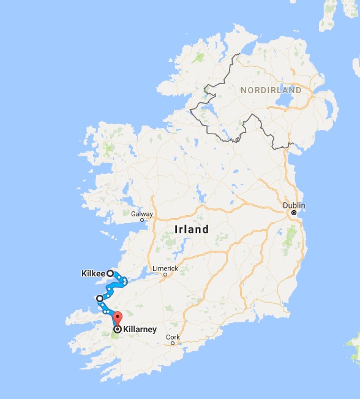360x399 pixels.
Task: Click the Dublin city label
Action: click(293, 205)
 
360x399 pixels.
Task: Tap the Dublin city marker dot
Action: click(293, 213)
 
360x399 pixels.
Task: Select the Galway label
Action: click(141, 214)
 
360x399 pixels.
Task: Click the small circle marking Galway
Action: click(142, 220)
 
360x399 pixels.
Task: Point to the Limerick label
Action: click(165, 268)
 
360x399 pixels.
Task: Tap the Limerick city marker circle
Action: click(165, 275)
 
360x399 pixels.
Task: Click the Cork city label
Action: click(173, 336)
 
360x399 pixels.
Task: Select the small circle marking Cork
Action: click(173, 343)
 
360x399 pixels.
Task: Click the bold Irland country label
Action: click(191, 230)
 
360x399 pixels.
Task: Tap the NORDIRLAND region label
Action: click(271, 90)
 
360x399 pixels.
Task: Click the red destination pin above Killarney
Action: click(118, 319)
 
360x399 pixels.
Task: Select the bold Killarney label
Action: click(140, 329)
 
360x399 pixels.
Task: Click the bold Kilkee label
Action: click(93, 273)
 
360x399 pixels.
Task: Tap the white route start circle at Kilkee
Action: click(110, 273)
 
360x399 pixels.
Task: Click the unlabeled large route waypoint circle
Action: click(99, 298)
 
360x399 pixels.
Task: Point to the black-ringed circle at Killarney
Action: click(116, 329)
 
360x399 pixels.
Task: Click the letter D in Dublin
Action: click(285, 205)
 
